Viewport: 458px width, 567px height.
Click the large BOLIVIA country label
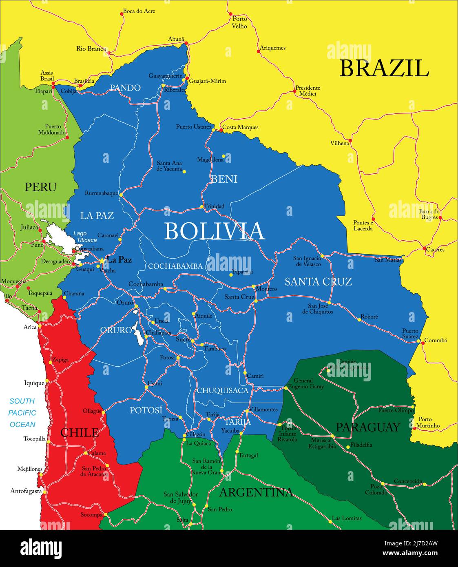(x=215, y=231)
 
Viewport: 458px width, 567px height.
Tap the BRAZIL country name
(x=384, y=69)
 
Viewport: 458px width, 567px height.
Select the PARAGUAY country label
(x=368, y=427)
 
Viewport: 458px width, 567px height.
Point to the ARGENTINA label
(x=256, y=492)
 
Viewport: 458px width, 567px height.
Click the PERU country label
(x=40, y=187)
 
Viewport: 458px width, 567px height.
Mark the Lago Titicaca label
(x=85, y=237)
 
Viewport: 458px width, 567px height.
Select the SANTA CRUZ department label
(x=318, y=281)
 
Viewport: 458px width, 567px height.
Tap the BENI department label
(x=224, y=179)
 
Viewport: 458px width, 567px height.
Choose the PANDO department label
(x=125, y=88)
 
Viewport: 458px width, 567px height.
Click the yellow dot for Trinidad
(x=201, y=206)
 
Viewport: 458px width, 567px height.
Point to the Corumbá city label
(x=436, y=340)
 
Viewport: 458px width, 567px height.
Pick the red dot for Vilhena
(x=350, y=141)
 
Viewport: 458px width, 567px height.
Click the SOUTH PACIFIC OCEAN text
(x=22, y=413)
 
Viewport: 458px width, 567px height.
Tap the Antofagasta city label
(x=26, y=491)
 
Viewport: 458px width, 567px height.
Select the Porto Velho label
(x=239, y=22)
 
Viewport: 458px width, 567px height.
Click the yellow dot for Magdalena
(x=223, y=156)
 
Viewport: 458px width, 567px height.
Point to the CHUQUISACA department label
(x=222, y=391)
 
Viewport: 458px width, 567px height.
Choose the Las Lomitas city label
(x=347, y=518)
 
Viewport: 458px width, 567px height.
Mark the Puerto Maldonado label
(x=52, y=129)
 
